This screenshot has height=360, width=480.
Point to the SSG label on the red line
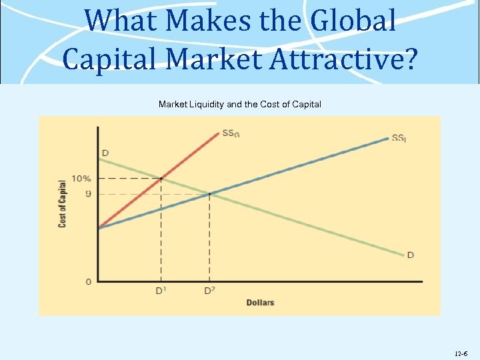pyautogui.click(x=231, y=133)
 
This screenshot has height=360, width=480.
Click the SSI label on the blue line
pyautogui.click(x=399, y=138)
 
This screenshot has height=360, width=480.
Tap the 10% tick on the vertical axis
pyautogui.click(x=81, y=179)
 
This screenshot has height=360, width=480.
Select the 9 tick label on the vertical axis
pyautogui.click(x=88, y=194)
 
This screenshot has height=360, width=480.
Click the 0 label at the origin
pyautogui.click(x=89, y=282)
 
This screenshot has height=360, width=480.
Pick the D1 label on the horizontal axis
pyautogui.click(x=161, y=291)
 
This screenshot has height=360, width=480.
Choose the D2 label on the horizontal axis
pyautogui.click(x=209, y=291)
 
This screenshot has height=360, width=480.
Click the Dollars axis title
pyautogui.click(x=260, y=303)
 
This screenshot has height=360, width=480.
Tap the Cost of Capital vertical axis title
pyautogui.click(x=62, y=203)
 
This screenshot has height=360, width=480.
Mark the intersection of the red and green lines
pyautogui.click(x=161, y=179)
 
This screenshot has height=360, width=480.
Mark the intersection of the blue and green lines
pyautogui.click(x=209, y=194)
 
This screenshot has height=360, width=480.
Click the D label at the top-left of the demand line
pyautogui.click(x=105, y=153)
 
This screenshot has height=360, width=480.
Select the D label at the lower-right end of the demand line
pyautogui.click(x=411, y=255)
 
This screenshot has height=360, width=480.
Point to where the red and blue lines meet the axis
pyautogui.click(x=99, y=228)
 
